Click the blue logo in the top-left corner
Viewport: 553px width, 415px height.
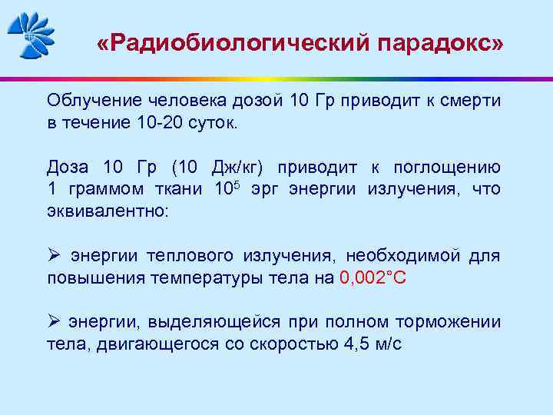(x=31, y=34)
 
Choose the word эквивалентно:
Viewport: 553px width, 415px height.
(x=106, y=211)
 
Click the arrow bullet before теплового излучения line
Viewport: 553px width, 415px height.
(x=53, y=255)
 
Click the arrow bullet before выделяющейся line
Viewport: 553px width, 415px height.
(x=53, y=321)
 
